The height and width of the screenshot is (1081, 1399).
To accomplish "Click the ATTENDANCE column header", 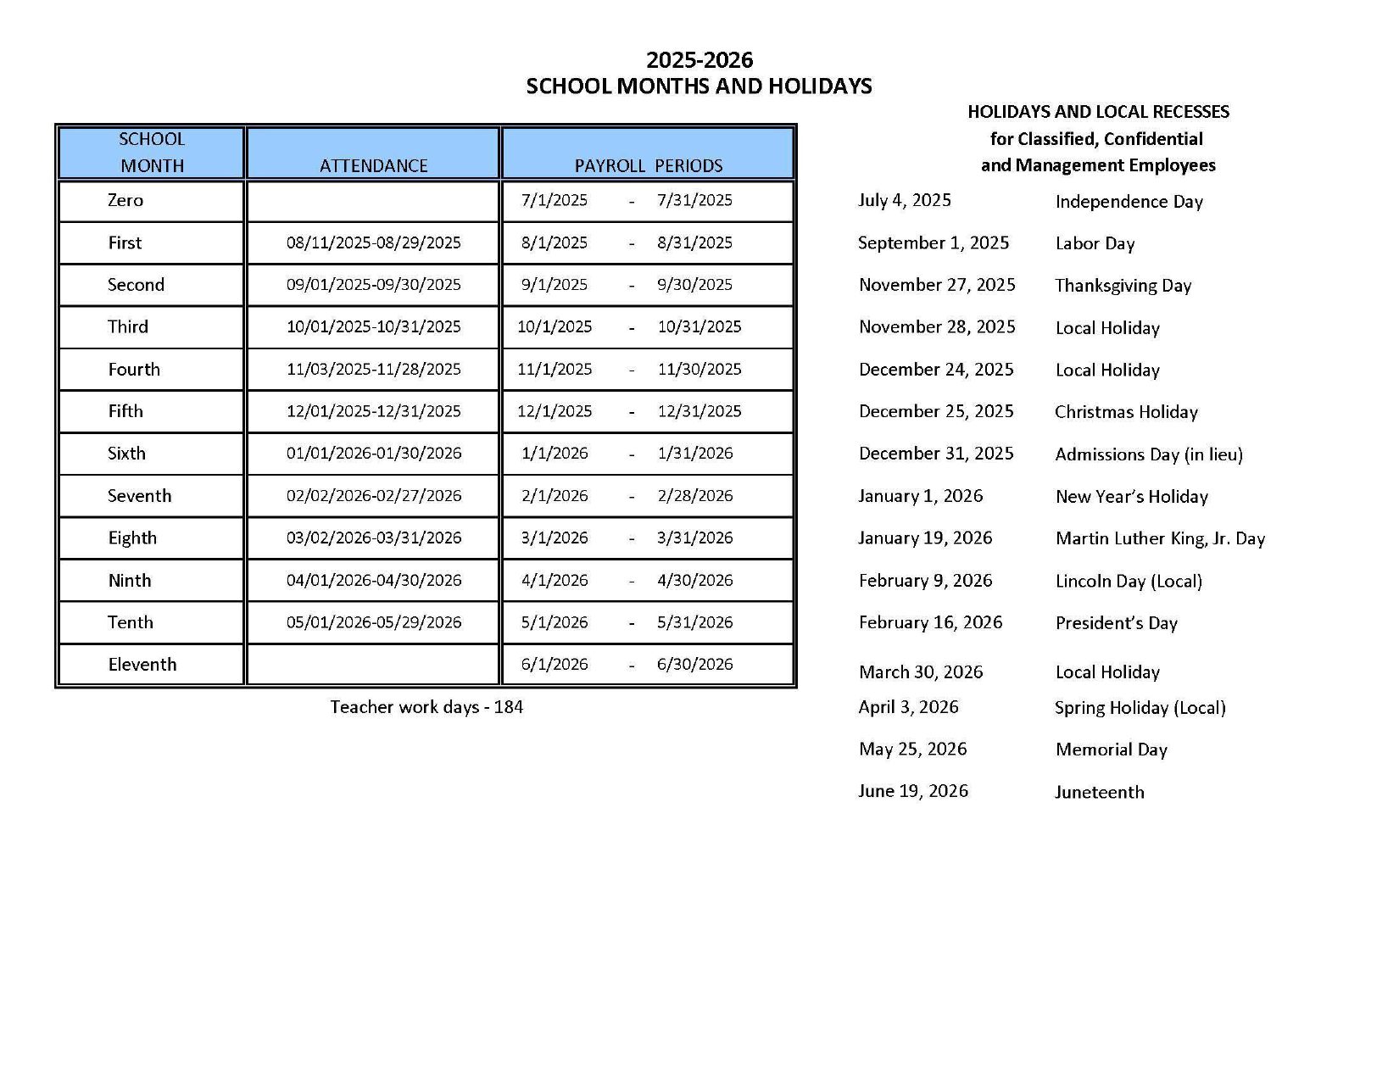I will tap(373, 165).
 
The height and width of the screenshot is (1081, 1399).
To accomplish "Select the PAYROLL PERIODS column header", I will tap(649, 165).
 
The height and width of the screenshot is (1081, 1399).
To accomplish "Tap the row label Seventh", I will tap(139, 496).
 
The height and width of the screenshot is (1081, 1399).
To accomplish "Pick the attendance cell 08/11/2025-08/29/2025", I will tap(373, 242).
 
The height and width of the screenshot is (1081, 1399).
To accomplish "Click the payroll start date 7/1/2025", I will tap(554, 200).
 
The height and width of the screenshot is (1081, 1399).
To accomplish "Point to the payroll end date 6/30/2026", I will tap(694, 665).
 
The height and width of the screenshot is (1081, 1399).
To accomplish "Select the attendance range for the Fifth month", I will tap(373, 411).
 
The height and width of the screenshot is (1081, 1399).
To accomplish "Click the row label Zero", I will tap(125, 200).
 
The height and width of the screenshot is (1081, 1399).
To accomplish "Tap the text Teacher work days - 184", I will tap(426, 707).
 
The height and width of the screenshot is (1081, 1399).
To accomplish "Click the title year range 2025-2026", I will tap(699, 60).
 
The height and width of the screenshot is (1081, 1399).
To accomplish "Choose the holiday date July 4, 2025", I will tap(904, 200).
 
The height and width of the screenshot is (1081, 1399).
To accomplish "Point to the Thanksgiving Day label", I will tap(1123, 286).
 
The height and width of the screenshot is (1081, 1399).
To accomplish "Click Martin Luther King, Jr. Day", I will tap(1159, 538).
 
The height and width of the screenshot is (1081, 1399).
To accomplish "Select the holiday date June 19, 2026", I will tap(912, 791).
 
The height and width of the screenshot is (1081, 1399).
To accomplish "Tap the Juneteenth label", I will tap(1099, 792).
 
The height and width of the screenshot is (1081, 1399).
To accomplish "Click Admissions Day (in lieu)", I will tap(1148, 454).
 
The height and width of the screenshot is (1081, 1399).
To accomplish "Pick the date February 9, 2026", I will tap(925, 581).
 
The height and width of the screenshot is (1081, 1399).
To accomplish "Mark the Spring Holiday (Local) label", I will tap(1140, 708).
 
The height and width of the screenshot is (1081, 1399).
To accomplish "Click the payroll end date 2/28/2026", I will tap(694, 496).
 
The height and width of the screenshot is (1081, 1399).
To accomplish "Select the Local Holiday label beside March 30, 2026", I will tap(1106, 672).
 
